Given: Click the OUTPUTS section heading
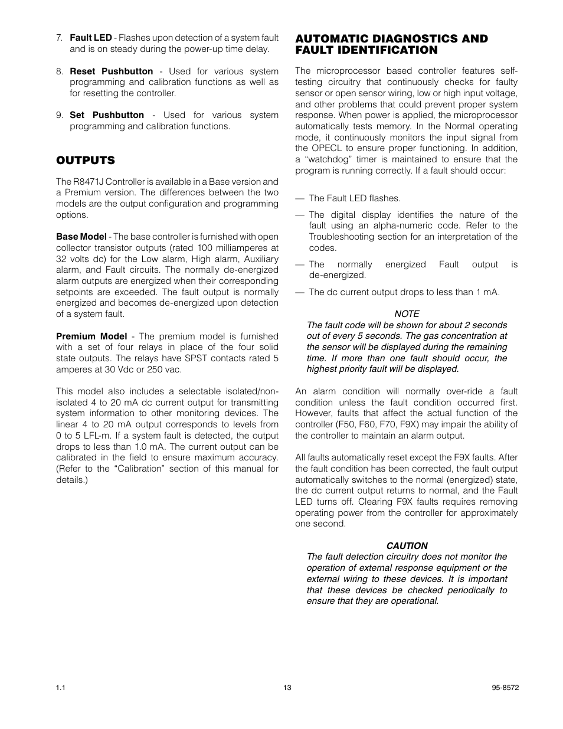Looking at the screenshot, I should pos(85,161).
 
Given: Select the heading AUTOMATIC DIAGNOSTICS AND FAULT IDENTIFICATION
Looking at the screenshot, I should pos(391,44).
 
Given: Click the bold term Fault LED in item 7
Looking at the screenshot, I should pos(90,38).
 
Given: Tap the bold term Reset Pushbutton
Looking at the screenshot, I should pos(111,71).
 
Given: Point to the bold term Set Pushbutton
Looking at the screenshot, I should pos(106,115).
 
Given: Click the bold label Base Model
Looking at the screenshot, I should pos(81,237).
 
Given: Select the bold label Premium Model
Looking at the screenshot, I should pos(91,336).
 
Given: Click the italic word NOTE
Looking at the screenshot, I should pos(407,314).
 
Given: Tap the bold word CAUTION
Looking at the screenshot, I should pos(407,546).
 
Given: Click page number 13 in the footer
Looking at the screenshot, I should pos(287,688).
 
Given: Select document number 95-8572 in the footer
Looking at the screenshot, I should pos(505,688).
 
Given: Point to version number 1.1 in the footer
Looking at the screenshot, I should pos(61,688).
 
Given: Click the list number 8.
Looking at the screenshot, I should pos(60,71).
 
